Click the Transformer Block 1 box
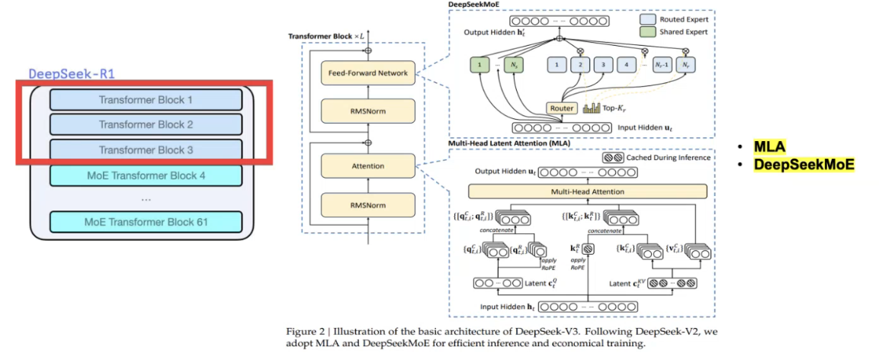pos(146,99)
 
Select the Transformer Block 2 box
pos(146,124)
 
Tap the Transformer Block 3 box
pos(146,150)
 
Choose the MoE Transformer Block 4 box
pos(146,175)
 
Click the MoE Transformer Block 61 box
pos(146,223)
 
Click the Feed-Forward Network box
pos(369,73)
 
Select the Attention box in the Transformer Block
pos(369,166)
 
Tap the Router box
pos(561,108)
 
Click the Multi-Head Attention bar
pos(588,191)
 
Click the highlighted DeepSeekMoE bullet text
pos(804,164)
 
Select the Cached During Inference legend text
pos(668,158)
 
